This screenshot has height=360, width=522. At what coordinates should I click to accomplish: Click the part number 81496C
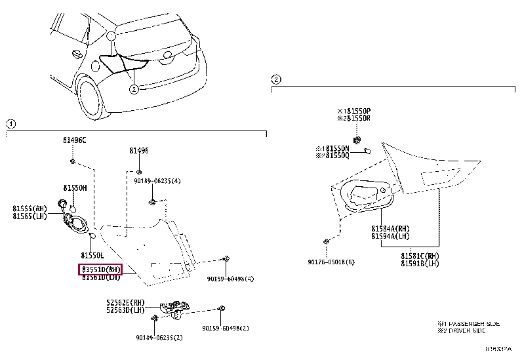coord(74,140)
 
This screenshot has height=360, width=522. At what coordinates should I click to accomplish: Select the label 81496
coord(138,151)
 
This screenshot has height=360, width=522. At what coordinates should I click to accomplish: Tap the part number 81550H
coord(75,187)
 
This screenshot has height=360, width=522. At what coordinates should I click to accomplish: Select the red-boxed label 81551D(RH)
coord(100,270)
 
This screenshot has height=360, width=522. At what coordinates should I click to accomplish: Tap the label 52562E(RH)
coord(125,302)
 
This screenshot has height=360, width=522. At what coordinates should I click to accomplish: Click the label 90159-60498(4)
coord(230,279)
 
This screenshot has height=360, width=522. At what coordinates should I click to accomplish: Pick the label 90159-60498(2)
coord(224,328)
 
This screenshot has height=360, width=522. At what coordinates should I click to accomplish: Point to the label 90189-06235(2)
coord(159,338)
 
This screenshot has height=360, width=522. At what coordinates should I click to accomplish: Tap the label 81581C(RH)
coord(420,256)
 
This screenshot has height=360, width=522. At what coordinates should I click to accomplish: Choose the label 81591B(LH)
coord(420,264)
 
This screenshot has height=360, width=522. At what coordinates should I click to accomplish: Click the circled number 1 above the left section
coord(11,123)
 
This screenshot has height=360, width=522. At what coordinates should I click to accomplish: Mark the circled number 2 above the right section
coord(276,79)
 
